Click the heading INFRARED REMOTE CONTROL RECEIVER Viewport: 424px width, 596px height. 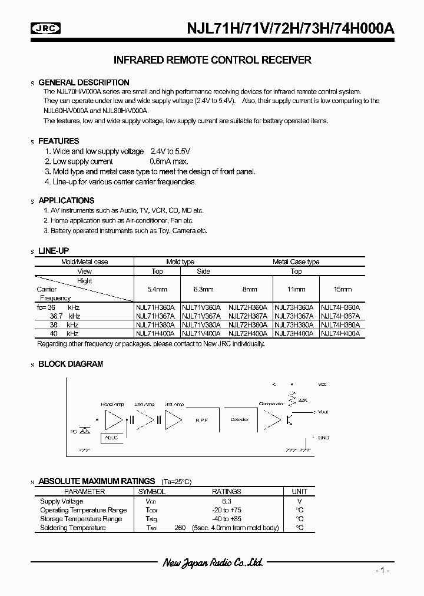pos(211,60)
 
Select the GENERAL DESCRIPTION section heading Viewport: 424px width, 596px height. pos(84,82)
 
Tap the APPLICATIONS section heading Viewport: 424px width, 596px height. pos(66,200)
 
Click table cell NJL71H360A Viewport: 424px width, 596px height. pos(157,307)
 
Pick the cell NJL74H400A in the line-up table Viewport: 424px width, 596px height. pos(341,333)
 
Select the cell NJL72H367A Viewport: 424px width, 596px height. pos(249,316)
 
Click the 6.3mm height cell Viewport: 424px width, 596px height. pos(203,290)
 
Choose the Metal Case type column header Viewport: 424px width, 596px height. pos(296,261)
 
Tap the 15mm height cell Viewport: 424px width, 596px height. pos(342,290)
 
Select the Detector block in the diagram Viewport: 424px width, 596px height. pos(238,419)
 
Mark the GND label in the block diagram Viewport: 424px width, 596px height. pos(323,438)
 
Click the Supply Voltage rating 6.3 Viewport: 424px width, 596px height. pos(226,501)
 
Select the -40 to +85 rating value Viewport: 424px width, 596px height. pos(226,519)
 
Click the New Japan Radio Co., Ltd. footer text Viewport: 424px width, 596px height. pos(212,563)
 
